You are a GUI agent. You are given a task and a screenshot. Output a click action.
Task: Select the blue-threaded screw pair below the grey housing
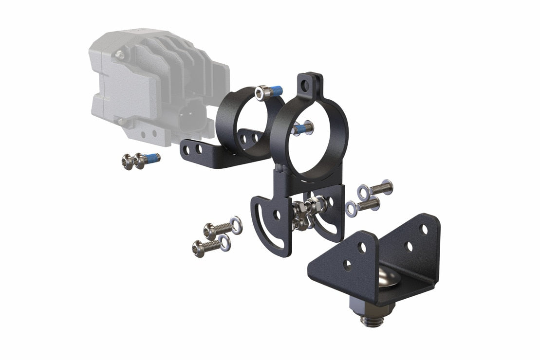tap(140, 160)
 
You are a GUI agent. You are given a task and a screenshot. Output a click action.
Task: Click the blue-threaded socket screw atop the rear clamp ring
tap(269, 91)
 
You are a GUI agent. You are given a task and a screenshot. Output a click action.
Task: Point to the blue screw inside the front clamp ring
tap(302, 128)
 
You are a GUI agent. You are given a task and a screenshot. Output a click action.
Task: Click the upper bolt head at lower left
tap(211, 229)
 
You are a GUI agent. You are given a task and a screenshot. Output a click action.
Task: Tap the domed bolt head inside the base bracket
tap(387, 280)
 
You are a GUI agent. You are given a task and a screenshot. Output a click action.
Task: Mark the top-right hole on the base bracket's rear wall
tap(424, 228)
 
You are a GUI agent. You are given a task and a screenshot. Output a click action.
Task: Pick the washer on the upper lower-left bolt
tap(236, 225)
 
